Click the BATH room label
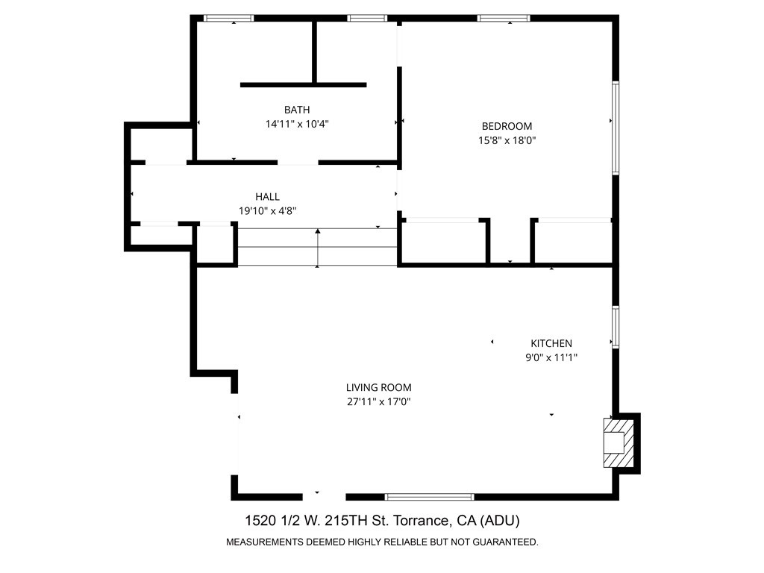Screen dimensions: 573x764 pos(297,110)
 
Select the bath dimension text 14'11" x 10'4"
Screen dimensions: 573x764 pos(297,125)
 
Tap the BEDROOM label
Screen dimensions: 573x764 pos(507,126)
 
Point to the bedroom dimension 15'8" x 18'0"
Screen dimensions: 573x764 pos(507,140)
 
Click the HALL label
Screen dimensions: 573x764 pos(267,197)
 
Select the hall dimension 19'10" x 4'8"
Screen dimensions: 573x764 pos(267,211)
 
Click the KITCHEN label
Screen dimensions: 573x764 pos(551,343)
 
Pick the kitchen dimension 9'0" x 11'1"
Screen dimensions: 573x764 pos(551,357)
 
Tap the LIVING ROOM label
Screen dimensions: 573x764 pos(378,387)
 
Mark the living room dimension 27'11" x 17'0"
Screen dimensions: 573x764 pos(378,402)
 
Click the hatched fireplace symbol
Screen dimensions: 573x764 pos(618,443)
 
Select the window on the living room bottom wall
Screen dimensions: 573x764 pos(429,496)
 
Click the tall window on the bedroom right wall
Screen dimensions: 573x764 pos(616,128)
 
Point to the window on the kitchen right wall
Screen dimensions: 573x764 pos(616,327)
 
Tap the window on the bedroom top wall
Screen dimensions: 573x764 pos(504,18)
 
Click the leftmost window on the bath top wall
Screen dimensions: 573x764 pos(229,18)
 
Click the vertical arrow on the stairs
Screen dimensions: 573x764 pos(319,248)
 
